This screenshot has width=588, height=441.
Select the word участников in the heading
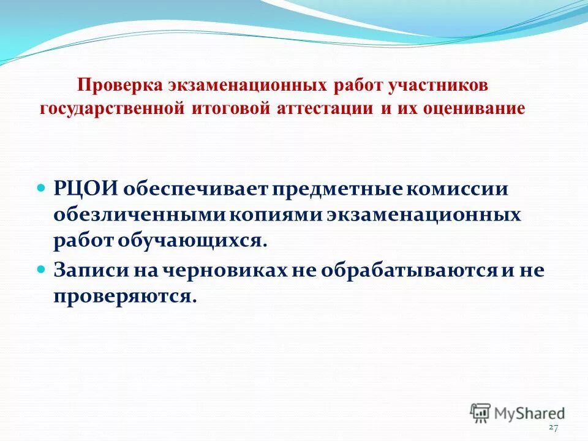click(438, 86)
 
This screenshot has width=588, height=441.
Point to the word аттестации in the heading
click(323, 109)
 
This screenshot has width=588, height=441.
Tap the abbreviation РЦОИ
click(86, 189)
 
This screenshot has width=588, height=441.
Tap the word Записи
click(87, 270)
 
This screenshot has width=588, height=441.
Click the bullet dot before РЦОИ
click(42, 186)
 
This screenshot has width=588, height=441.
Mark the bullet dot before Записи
click(42, 268)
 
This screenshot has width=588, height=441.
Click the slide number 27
click(554, 427)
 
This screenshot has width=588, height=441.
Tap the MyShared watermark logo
click(518, 412)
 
